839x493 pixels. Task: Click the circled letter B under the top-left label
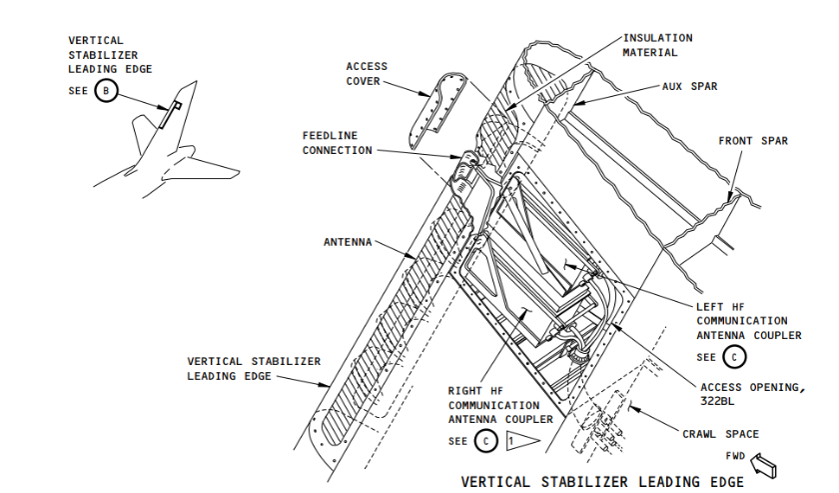click(108, 91)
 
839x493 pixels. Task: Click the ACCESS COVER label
click(367, 74)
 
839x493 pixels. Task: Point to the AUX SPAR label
click(690, 86)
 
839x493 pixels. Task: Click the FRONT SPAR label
click(753, 141)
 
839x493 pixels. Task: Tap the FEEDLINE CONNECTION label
click(338, 143)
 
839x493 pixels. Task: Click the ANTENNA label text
click(349, 242)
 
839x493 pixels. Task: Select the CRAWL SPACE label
click(717, 434)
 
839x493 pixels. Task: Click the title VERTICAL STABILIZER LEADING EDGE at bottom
click(602, 482)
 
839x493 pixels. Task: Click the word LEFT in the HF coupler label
click(712, 306)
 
